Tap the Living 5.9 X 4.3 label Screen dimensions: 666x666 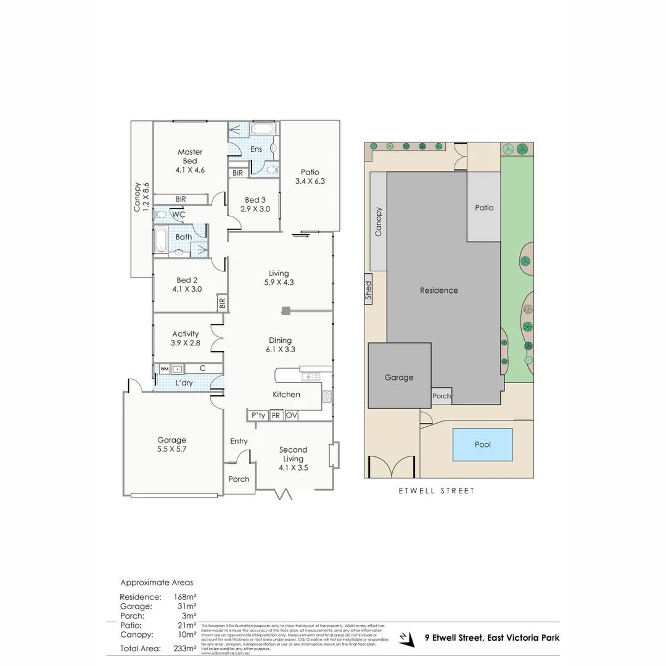(x=279, y=278)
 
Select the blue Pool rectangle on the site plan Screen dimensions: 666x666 (x=483, y=444)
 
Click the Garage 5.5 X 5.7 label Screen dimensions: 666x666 (x=171, y=445)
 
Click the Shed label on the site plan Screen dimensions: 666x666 (x=368, y=290)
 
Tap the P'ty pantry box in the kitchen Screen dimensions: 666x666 (x=258, y=416)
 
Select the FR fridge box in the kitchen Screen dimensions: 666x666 (x=276, y=416)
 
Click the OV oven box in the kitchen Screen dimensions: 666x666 (x=292, y=416)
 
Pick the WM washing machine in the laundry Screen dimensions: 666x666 (x=165, y=369)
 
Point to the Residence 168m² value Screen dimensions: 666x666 (x=185, y=597)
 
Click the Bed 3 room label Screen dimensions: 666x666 (x=255, y=205)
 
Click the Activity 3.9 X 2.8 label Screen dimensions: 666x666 (x=185, y=339)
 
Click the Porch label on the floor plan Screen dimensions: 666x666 (x=239, y=479)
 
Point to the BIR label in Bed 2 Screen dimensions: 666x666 (x=222, y=303)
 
